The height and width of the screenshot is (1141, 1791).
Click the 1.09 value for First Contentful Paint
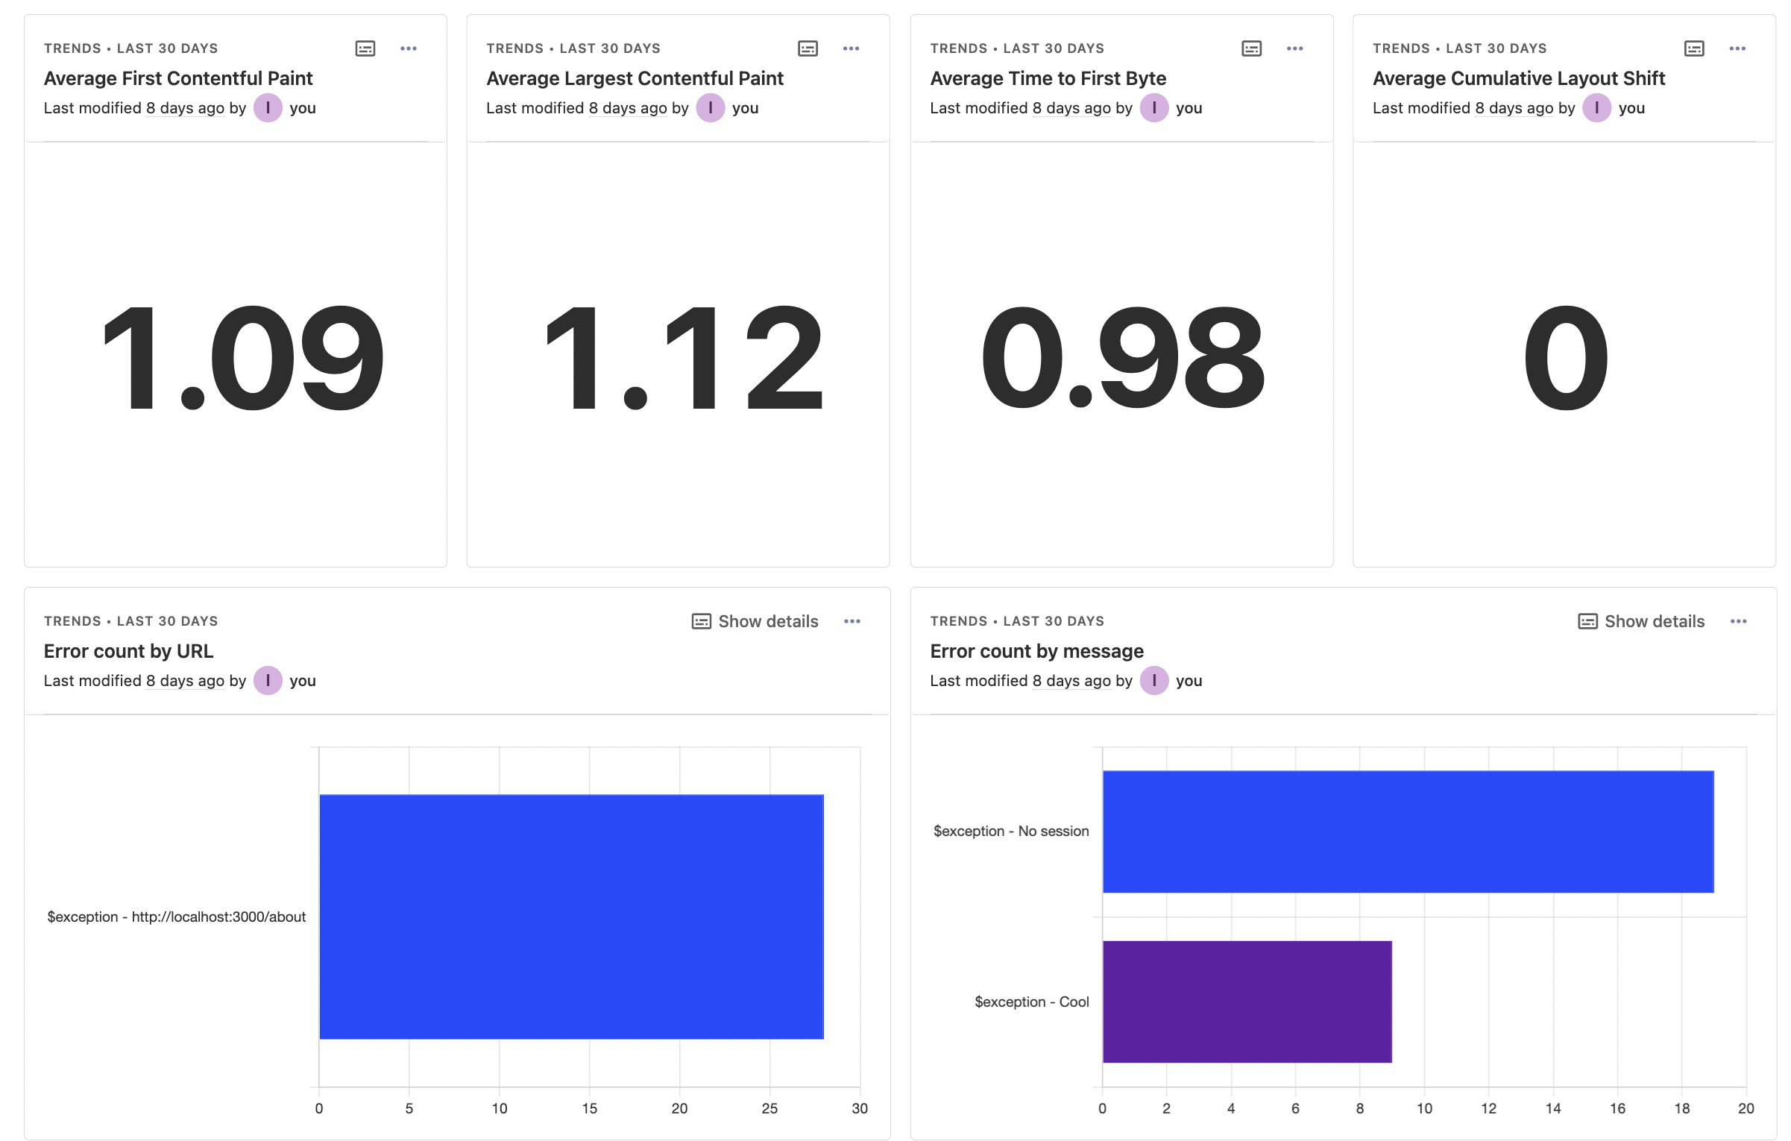pos(243,359)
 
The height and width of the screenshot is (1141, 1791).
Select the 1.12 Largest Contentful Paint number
pos(684,359)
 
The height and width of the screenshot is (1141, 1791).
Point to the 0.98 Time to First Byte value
pos(1122,359)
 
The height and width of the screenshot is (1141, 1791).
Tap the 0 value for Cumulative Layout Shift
pos(1565,359)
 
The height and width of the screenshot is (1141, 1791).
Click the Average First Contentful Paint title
pos(178,78)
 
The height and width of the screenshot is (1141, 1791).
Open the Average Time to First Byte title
pos(1048,78)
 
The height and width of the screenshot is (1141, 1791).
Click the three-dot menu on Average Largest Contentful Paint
pos(851,48)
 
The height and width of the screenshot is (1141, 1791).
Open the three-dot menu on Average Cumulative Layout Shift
pos(1737,48)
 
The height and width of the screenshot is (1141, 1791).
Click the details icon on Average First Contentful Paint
pos(365,48)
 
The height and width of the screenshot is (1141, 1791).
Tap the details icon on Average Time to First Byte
pos(1251,48)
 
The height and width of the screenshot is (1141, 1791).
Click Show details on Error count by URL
pos(755,621)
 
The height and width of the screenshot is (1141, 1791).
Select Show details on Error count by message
pos(1641,621)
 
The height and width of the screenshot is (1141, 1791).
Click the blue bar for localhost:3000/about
pos(571,917)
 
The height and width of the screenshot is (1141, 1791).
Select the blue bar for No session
pos(1408,832)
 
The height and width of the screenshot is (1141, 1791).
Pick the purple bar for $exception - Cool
pos(1247,1002)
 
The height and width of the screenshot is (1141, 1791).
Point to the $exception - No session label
pos(1011,831)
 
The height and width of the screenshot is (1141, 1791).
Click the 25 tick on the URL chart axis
pos(769,1108)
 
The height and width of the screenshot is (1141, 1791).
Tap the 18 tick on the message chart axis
pos(1681,1108)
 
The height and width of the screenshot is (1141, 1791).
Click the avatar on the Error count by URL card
pos(268,680)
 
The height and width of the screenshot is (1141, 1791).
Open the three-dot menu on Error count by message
pos(1738,621)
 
